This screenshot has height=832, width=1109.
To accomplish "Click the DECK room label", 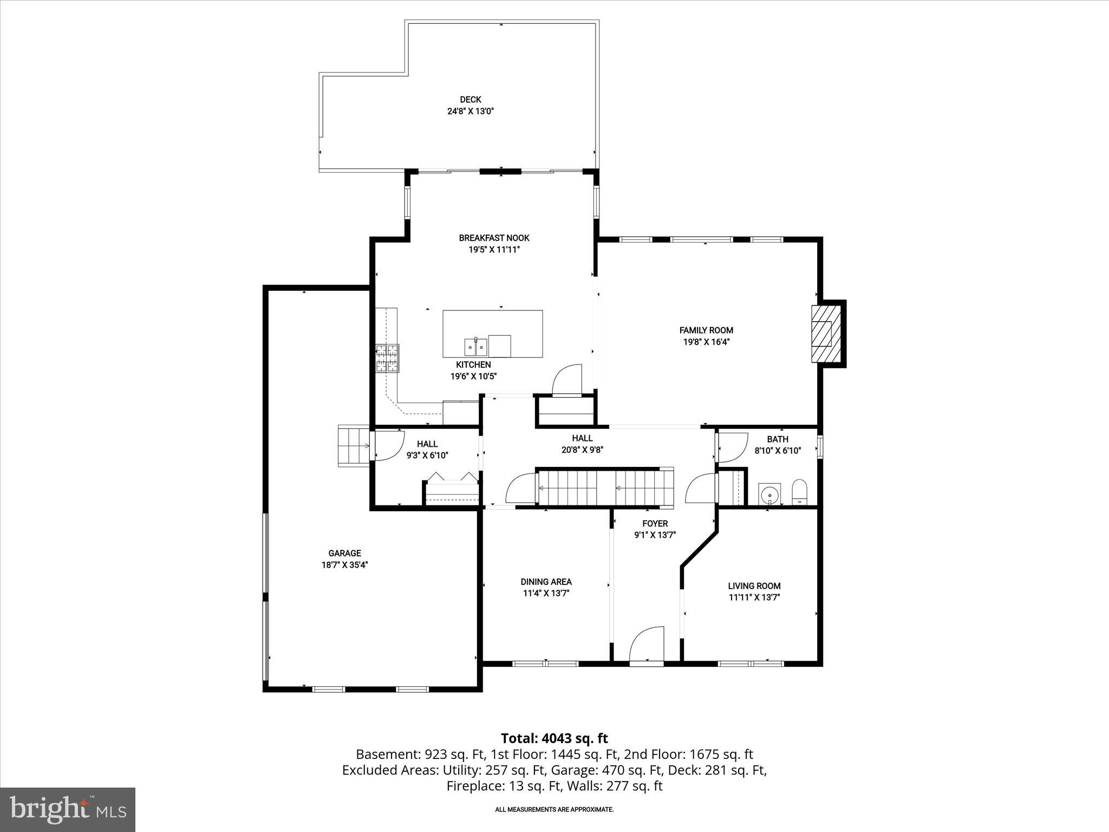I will click(470, 99).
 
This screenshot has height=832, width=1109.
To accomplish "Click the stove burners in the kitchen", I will click(387, 358).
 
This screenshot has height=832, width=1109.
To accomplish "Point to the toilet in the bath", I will click(799, 492).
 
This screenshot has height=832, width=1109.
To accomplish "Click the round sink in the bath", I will click(769, 495).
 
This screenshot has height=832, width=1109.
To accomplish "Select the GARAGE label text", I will click(344, 553).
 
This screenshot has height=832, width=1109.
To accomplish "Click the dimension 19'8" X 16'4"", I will click(706, 342).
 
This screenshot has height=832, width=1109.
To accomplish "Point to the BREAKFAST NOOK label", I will click(494, 238).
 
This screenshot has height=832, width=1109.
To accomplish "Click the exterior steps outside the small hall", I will click(353, 446).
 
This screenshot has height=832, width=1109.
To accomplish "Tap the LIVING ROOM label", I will click(754, 586).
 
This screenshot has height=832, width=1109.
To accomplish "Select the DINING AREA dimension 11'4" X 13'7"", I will click(546, 593).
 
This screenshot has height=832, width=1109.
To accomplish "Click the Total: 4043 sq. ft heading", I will click(554, 738).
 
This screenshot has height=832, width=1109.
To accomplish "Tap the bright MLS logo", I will click(68, 809).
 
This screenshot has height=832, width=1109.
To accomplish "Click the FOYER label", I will click(655, 523).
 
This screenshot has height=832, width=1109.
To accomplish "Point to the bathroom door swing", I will click(732, 447).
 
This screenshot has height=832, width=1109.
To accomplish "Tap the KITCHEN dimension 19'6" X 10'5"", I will click(473, 376).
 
